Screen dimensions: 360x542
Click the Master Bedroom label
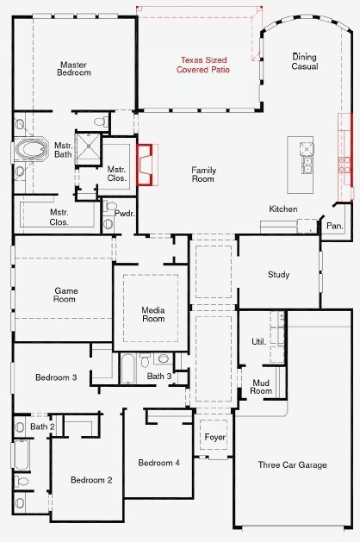(74, 69)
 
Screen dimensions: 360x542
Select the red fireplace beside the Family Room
(145, 165)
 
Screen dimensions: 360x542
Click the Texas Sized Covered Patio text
(203, 65)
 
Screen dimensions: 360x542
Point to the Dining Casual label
(304, 61)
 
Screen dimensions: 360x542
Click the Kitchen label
(283, 209)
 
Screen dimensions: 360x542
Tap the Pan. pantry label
(335, 226)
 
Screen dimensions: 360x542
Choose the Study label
(278, 275)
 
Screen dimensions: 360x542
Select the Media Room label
(153, 315)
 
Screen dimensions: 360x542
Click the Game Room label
(66, 295)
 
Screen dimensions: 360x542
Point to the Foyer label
(215, 437)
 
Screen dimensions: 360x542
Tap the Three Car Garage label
(292, 465)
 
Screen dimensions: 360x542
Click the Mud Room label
(261, 387)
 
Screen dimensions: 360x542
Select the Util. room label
(258, 342)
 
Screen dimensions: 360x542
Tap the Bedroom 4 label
(159, 463)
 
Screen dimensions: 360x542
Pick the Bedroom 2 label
(91, 480)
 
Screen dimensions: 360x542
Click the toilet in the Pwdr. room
(109, 206)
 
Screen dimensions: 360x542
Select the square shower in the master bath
(89, 149)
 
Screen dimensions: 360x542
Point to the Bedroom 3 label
(56, 377)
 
